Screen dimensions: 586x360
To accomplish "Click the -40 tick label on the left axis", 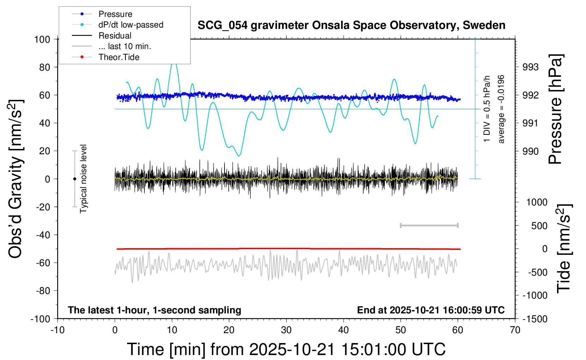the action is coord(43,235).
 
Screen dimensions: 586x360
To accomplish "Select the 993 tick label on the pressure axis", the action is coord(531,67).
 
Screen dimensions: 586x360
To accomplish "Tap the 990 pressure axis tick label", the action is coord(531,151).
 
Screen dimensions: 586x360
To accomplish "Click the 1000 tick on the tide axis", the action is coord(537,202).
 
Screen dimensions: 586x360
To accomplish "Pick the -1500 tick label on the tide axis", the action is coord(535,319).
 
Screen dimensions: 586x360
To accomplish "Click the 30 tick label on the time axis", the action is coord(286,330).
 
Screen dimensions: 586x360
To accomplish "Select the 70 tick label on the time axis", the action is coord(515,330).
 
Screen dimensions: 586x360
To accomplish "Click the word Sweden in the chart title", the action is coord(484,25).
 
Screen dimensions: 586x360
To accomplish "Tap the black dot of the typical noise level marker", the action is coord(74,179).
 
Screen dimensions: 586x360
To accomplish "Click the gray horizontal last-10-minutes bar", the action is coord(429,226).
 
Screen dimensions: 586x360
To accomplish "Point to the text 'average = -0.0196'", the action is coord(501,109).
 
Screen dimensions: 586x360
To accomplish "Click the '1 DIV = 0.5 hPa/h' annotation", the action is coord(486,109).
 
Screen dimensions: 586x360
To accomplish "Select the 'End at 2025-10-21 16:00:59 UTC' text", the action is coord(431,310).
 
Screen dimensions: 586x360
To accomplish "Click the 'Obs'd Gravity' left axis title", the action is coord(16,179).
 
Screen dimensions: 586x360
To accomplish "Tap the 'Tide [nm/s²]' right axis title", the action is coord(564,248).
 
